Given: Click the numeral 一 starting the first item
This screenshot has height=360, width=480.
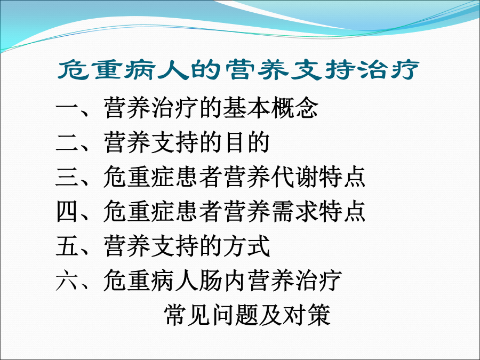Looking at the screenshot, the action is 67,109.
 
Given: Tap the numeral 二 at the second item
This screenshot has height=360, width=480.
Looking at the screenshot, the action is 67,143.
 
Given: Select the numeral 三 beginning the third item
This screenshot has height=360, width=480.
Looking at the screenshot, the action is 67,177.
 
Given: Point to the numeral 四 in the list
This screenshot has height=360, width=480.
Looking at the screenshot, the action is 67,211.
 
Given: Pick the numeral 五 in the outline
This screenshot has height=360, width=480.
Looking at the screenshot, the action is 67,245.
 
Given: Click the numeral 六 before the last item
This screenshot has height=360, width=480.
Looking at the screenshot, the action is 67,280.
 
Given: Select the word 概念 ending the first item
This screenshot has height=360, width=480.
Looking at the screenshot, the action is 294,108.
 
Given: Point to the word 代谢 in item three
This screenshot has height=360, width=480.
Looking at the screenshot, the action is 294,177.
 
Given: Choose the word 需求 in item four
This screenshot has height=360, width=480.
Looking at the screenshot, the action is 294,211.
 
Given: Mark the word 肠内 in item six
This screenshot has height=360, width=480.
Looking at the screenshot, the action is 222,280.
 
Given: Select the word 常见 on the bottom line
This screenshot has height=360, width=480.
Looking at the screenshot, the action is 187,315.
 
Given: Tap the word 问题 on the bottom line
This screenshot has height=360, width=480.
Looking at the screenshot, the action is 235,315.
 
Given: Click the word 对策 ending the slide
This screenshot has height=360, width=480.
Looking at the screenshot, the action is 307,315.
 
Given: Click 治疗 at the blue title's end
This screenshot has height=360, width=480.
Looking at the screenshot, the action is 388,70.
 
